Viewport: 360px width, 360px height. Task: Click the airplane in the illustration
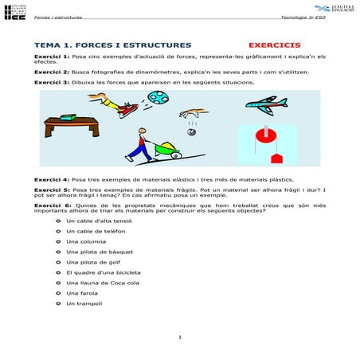pyautogui.click(x=266, y=104)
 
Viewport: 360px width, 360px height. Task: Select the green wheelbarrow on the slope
pyautogui.click(x=168, y=146)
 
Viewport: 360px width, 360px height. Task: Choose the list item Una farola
pyautogui.click(x=83, y=293)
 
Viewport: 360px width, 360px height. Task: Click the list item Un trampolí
pyautogui.click(x=85, y=303)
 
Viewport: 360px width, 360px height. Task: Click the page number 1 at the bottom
pyautogui.click(x=181, y=337)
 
